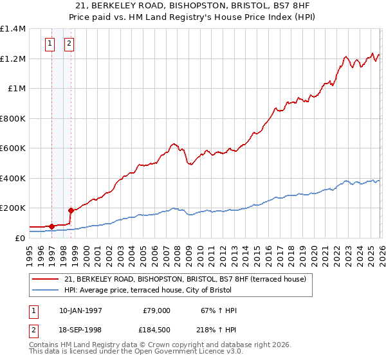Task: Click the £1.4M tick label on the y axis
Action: (x=13, y=29)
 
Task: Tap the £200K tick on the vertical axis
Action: (x=13, y=208)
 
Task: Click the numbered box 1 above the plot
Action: (x=50, y=44)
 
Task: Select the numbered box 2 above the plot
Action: (x=69, y=44)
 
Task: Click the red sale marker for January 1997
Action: (x=51, y=226)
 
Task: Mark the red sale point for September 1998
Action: (x=71, y=210)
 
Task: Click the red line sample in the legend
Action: (x=45, y=279)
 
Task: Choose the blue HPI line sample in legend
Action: (x=45, y=290)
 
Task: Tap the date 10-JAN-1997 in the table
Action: (x=80, y=310)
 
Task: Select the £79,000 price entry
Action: (x=155, y=310)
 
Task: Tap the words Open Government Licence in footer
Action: (x=178, y=353)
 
